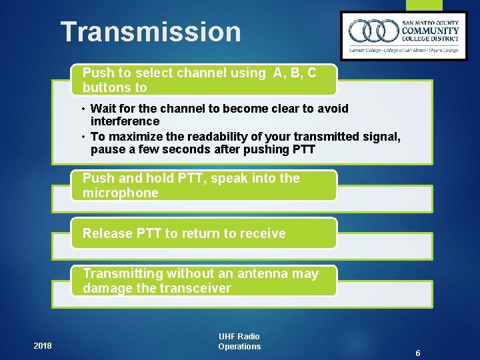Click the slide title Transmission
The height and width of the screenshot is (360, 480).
pos(151,32)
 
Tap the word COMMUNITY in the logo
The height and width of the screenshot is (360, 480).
pos(430,31)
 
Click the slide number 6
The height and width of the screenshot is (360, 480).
pos(417,353)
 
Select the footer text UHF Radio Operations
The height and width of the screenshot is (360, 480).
pos(239,341)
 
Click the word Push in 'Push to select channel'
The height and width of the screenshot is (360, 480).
pos(98,73)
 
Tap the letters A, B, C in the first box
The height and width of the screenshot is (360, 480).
pos(295,73)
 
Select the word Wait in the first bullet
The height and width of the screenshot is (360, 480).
pos(103,108)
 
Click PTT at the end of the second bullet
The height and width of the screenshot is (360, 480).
pos(303,149)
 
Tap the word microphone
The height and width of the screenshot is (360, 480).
pos(121,193)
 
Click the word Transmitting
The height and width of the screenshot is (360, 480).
pos(123,273)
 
